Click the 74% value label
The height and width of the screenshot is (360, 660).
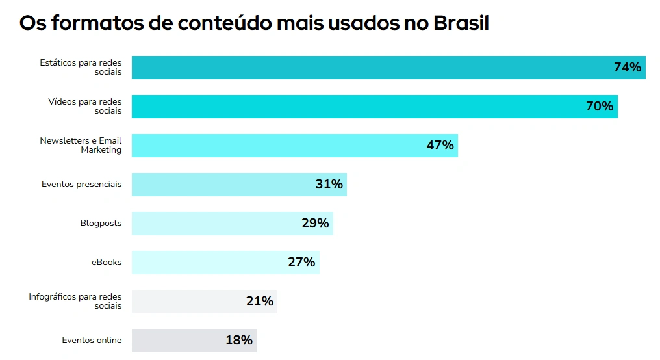tap(627, 68)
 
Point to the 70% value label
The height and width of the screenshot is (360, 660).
tap(599, 107)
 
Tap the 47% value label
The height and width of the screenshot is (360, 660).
tap(440, 146)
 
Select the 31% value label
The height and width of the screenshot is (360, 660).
tap(329, 185)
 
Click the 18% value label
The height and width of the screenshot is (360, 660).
tap(238, 341)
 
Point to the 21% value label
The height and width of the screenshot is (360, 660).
tap(259, 302)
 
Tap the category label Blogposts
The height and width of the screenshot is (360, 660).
tap(101, 224)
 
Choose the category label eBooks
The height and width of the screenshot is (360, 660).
tap(106, 263)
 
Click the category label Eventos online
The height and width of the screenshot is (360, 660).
tap(92, 341)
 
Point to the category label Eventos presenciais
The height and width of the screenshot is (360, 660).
tap(81, 185)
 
